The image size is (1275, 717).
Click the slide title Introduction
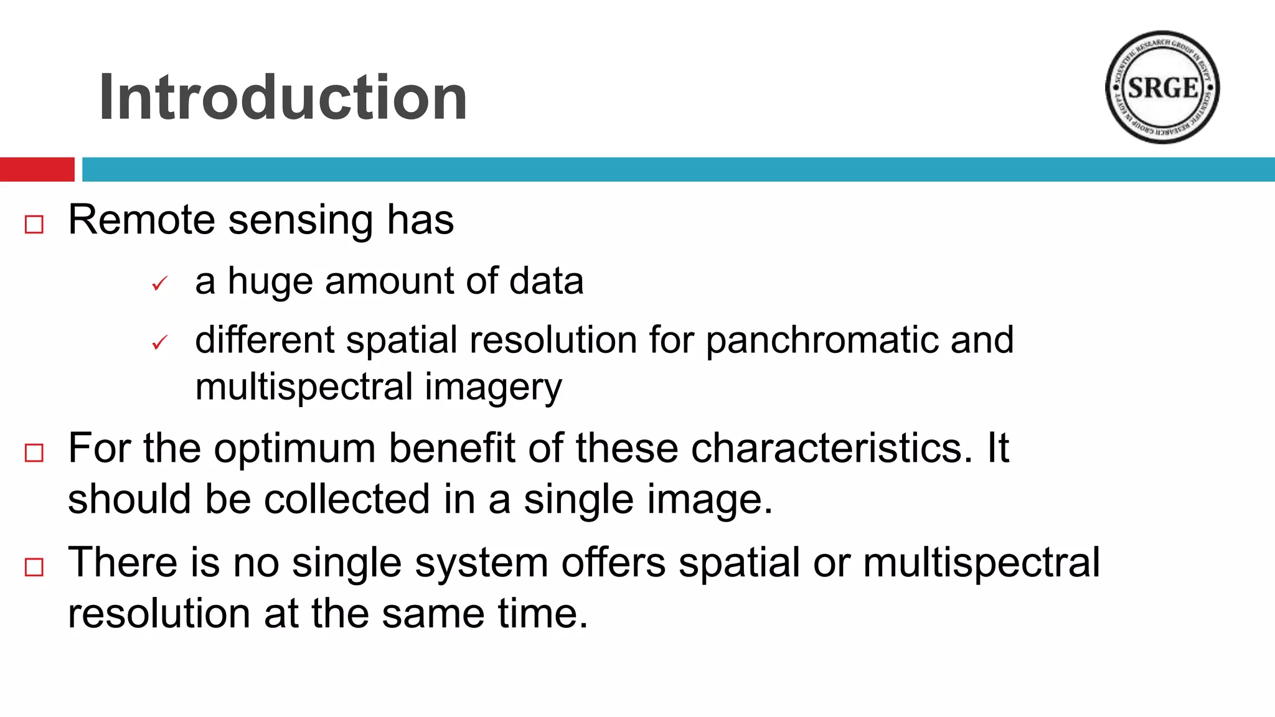283,98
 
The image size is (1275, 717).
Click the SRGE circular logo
1162,88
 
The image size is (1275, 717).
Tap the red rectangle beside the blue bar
37,169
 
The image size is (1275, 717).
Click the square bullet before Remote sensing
34,225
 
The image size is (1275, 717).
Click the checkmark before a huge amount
160,284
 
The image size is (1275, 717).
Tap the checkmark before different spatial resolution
160,343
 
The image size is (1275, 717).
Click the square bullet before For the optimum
34,452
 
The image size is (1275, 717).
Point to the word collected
347,500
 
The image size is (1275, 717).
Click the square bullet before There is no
34,567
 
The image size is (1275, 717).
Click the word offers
613,563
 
